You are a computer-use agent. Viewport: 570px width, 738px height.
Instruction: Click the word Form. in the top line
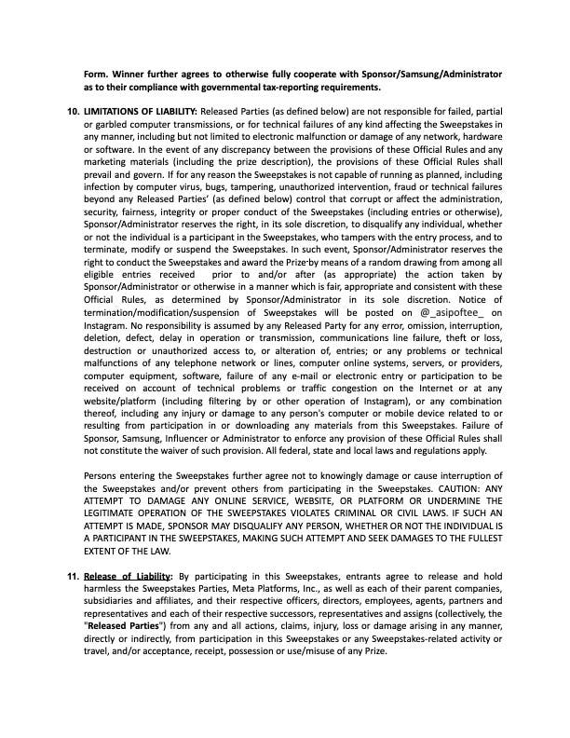[95, 73]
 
